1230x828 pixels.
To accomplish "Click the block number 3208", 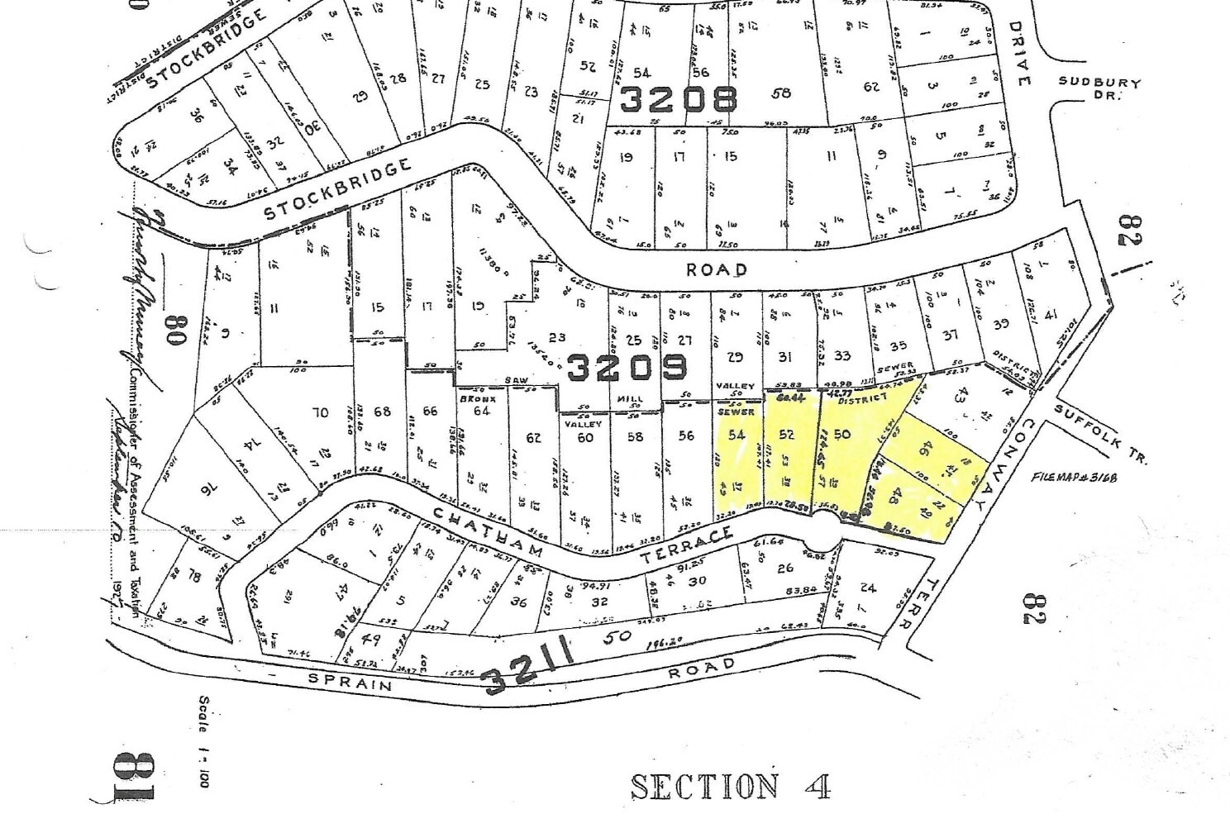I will pos(678,100).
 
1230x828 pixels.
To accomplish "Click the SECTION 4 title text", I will pos(730,786).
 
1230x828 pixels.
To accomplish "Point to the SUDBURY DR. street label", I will pos(1099,88).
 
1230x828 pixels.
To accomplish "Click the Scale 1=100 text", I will pos(204,740).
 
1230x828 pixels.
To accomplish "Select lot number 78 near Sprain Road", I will pos(193,576).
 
